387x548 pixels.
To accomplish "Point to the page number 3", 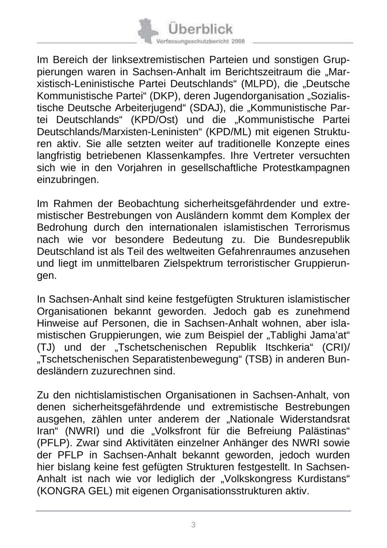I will click(x=193, y=525).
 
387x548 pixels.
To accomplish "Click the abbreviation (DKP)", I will click(x=166, y=96).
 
